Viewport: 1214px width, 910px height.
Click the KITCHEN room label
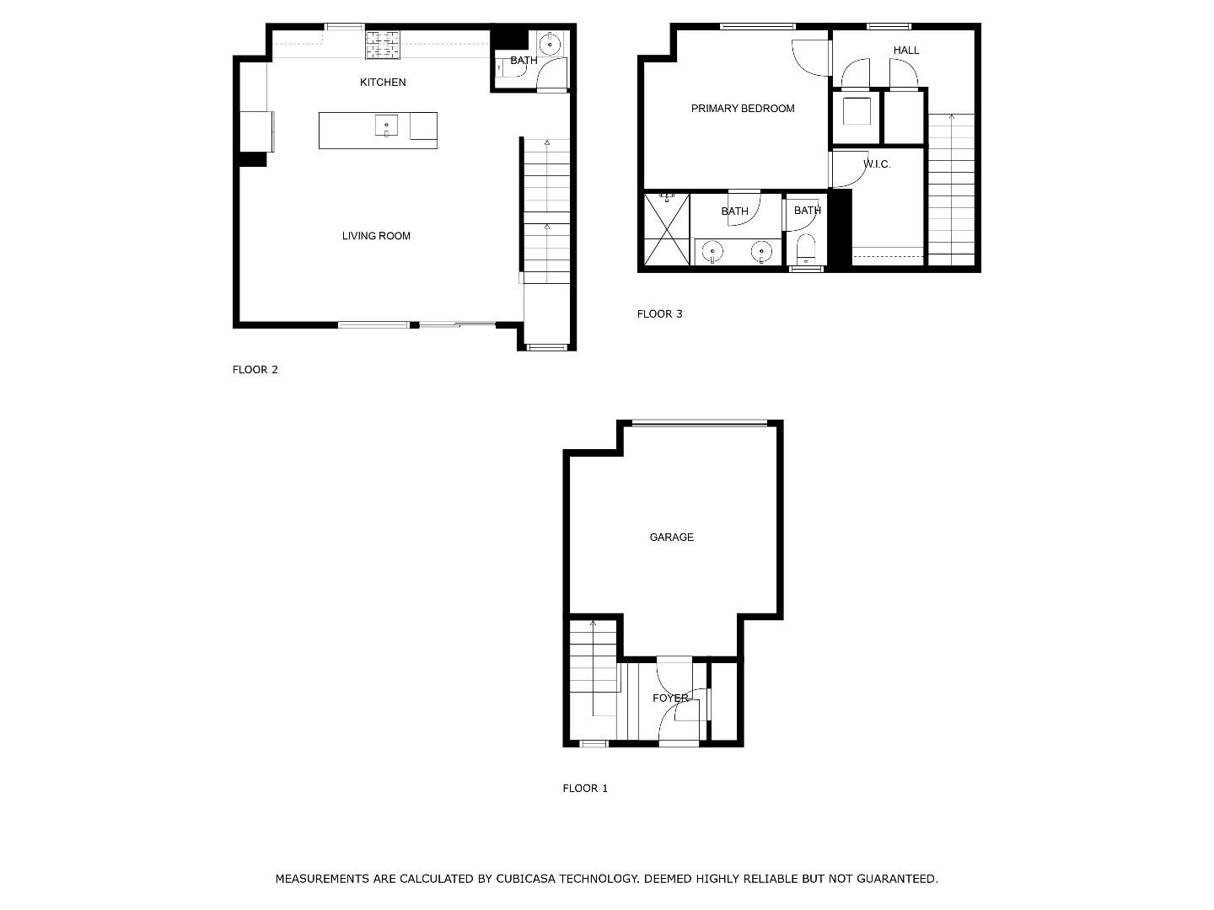[383, 83]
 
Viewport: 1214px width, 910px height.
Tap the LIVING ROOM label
[376, 236]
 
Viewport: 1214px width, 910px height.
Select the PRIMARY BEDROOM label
[743, 109]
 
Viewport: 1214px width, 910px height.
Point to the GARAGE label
[672, 538]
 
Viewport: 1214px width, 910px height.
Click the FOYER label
[670, 699]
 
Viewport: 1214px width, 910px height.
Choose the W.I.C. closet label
[877, 164]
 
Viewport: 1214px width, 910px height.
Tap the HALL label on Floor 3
[906, 51]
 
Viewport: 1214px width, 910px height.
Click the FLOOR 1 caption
[585, 789]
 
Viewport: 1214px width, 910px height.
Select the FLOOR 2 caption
[255, 370]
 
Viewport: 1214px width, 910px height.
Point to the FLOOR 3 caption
[659, 314]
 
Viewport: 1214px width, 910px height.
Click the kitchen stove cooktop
[382, 45]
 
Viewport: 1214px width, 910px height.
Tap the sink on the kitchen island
[386, 126]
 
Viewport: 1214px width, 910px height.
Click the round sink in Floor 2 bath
[551, 43]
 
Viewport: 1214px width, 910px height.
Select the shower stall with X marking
[667, 229]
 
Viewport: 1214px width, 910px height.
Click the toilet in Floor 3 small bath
[806, 249]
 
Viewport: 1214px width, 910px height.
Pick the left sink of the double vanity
[713, 250]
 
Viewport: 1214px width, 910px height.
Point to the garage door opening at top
[700, 423]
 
